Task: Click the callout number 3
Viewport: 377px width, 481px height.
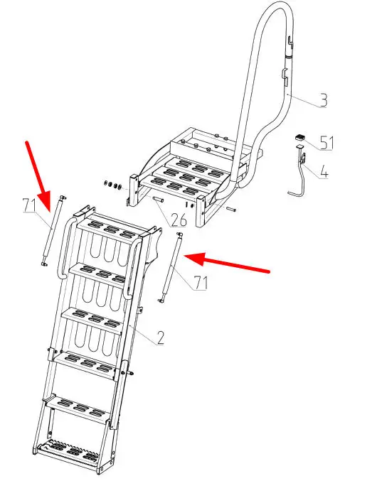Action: point(323,100)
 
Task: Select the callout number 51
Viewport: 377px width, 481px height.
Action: point(327,143)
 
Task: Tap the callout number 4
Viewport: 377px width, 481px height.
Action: point(324,172)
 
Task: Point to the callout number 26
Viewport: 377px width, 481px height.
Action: point(179,220)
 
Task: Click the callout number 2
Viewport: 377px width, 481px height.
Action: point(160,337)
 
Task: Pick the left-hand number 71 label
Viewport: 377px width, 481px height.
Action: point(29,205)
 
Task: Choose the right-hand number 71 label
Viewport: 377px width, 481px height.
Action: point(201,283)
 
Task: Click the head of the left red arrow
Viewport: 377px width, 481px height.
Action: point(46,201)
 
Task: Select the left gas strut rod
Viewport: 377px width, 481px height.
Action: point(53,230)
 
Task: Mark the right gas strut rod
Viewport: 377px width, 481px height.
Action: point(170,267)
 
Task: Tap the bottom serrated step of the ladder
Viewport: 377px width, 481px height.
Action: point(71,453)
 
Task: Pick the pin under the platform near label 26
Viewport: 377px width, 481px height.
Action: point(159,200)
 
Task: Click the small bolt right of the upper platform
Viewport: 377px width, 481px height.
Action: point(231,210)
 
